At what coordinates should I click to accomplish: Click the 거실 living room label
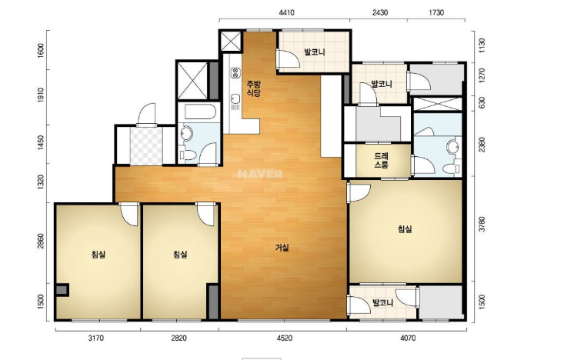tap(282, 248)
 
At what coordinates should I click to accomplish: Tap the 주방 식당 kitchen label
tap(253, 88)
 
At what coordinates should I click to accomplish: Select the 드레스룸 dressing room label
tap(381, 160)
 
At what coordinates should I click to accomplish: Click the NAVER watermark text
tap(260, 174)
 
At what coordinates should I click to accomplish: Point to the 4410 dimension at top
tap(286, 13)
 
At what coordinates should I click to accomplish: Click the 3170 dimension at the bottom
tap(96, 338)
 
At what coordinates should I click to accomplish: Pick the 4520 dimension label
tap(285, 338)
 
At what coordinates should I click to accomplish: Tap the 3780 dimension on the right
tap(482, 225)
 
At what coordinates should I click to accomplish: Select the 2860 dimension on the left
tap(40, 242)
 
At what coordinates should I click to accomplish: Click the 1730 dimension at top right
tap(436, 13)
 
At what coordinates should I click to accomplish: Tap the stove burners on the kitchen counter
tap(235, 73)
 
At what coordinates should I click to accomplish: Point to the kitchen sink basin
tap(235, 98)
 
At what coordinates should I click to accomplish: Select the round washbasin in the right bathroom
tap(453, 147)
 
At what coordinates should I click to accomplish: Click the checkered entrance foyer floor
tap(146, 146)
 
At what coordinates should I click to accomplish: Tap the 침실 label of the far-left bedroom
tap(98, 255)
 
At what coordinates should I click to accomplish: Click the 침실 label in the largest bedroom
tap(405, 229)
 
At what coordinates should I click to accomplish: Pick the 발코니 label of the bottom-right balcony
tap(382, 303)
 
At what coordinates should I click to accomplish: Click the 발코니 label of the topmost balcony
tap(315, 52)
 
